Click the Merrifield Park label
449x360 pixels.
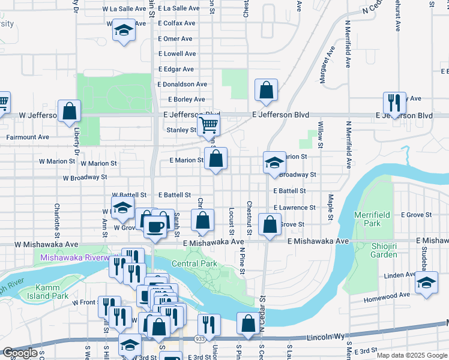click(380, 219)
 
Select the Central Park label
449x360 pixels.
click(194, 263)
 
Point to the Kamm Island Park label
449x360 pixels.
click(43, 292)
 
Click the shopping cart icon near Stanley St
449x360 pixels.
click(208, 125)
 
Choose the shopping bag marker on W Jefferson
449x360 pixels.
click(70, 111)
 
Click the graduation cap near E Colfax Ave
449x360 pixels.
click(124, 31)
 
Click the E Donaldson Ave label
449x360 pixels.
click(182, 85)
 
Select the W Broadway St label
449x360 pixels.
click(85, 178)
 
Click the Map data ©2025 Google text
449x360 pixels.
click(412, 355)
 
